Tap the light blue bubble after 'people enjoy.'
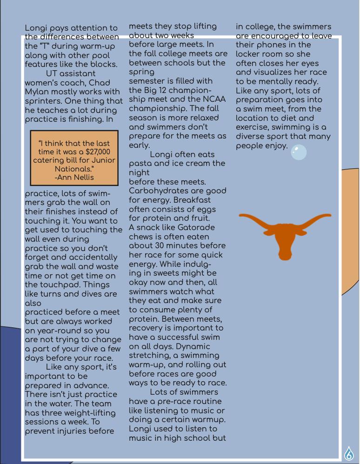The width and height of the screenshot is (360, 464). point(299,152)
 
